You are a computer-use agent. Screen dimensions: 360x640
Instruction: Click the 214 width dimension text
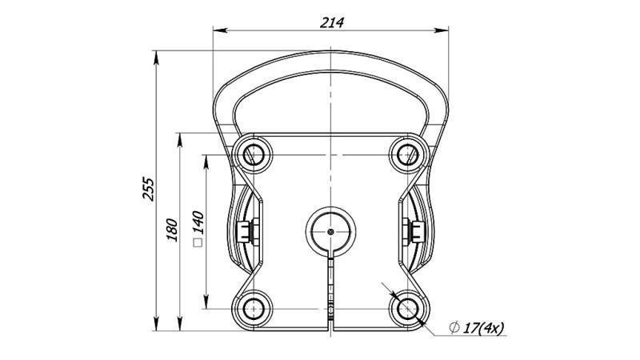coord(331,22)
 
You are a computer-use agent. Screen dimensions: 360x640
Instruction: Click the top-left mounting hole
coord(254,152)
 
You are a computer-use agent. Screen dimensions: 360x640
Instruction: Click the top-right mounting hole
coord(406,152)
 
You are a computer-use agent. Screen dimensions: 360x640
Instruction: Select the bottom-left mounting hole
coord(254,307)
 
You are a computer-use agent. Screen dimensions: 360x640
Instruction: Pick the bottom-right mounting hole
coord(406,307)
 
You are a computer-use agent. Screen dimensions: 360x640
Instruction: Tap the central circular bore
coord(330,230)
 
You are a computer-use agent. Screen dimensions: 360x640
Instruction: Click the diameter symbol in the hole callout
coord(454,327)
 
